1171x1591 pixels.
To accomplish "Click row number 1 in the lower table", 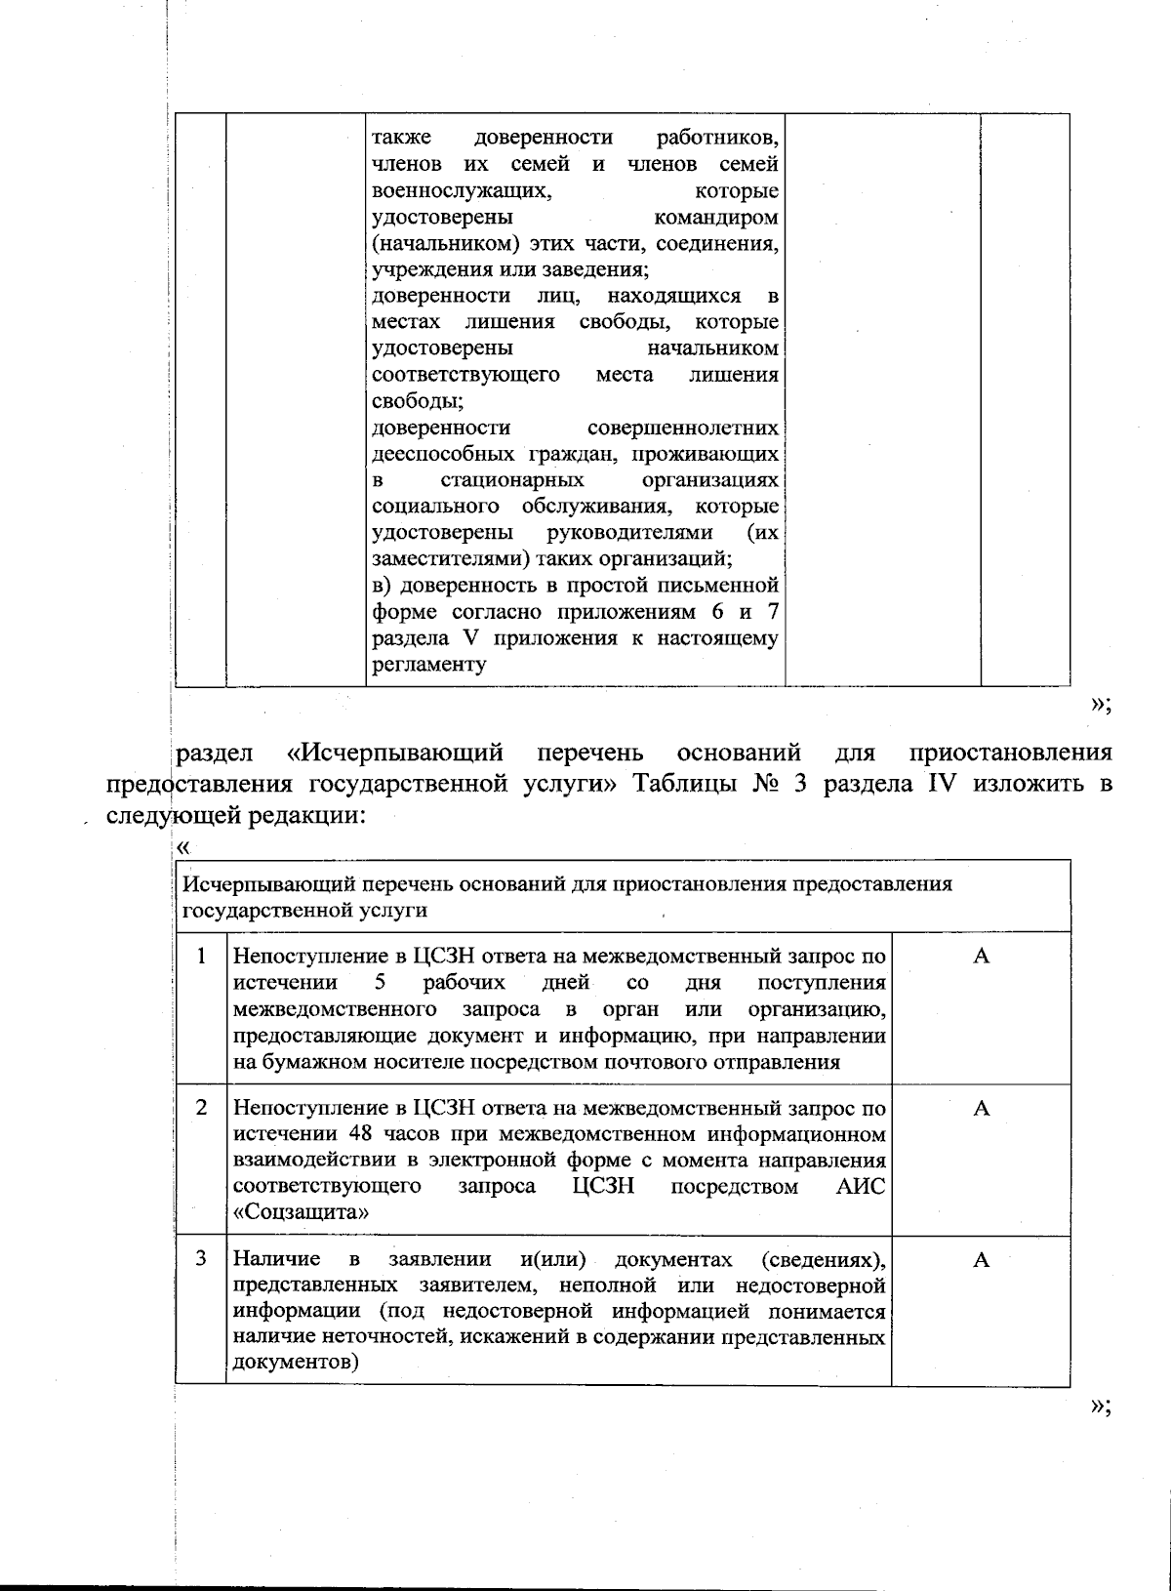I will (x=201, y=956).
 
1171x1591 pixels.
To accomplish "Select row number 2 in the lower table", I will (x=201, y=1108).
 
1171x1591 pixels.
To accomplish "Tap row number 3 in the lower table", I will (x=201, y=1259).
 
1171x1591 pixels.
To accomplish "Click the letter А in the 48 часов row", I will (x=981, y=1108).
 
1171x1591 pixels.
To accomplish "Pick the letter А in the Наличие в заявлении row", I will (x=981, y=1259).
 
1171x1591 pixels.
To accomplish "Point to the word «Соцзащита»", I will (x=302, y=1213).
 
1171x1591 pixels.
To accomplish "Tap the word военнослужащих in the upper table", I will (x=461, y=190).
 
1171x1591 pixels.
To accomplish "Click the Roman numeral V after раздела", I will (x=467, y=638).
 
